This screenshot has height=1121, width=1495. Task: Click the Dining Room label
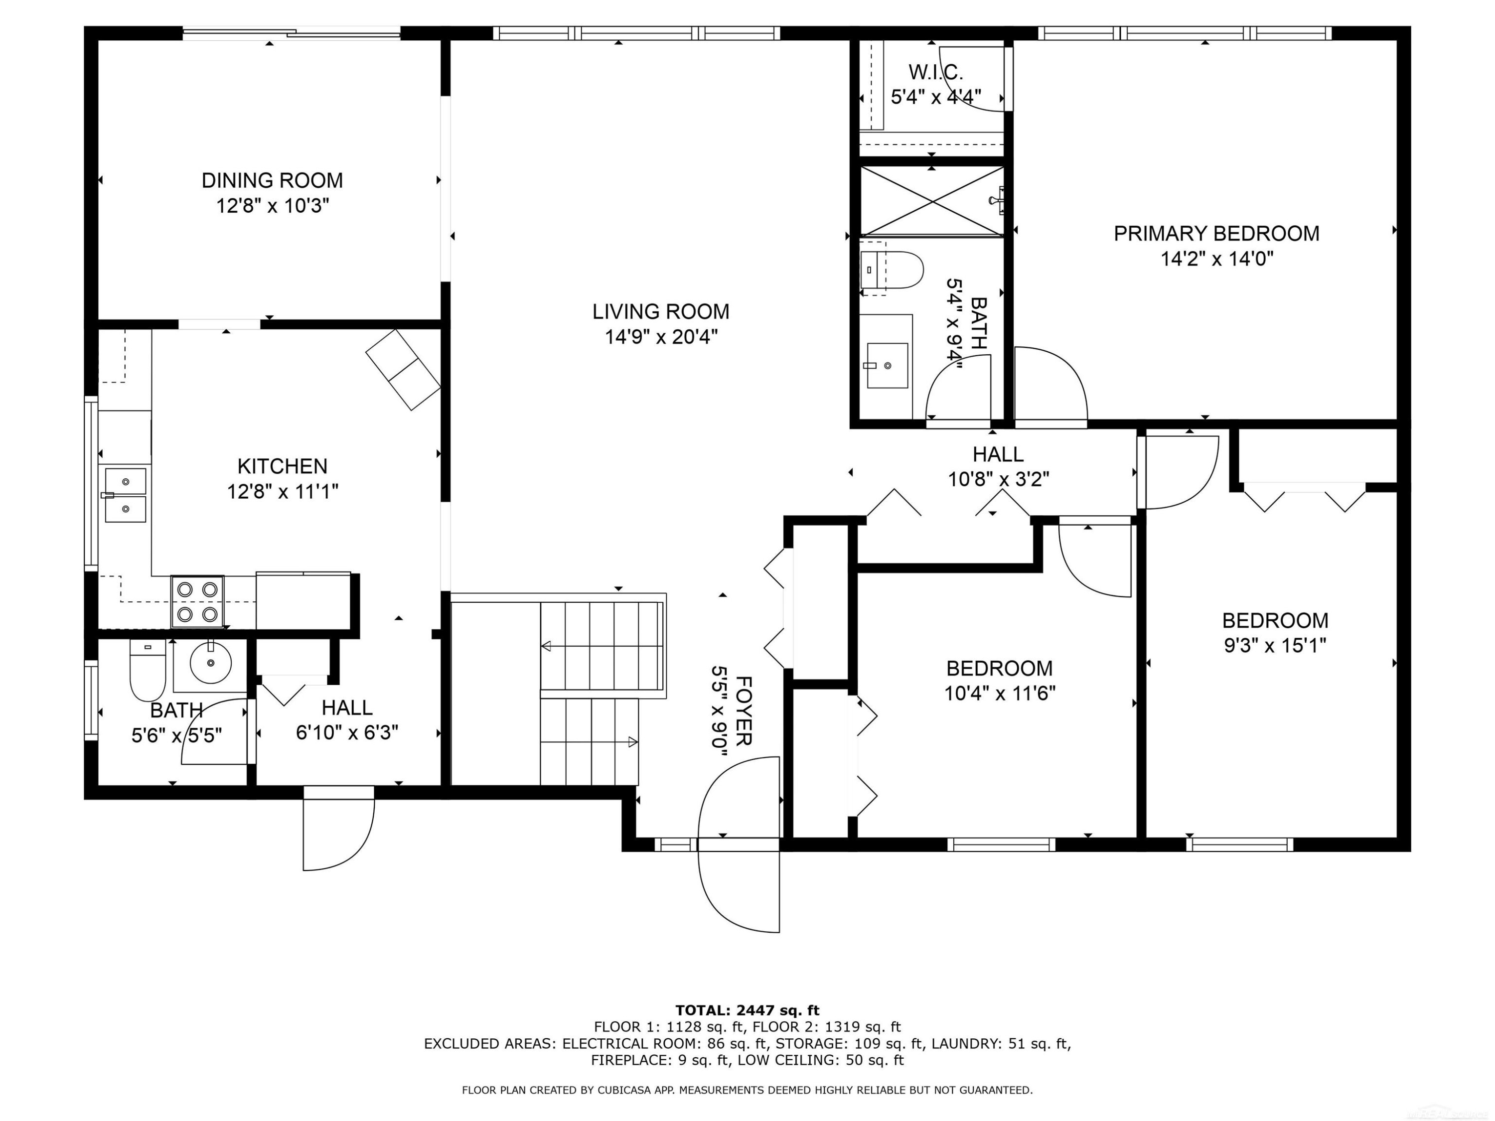coord(273,180)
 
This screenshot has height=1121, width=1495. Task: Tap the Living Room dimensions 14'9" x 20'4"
coord(661,336)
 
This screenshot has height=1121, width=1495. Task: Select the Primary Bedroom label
coord(1216,234)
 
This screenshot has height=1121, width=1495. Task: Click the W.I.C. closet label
coord(936,72)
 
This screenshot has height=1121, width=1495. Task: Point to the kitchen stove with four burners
coord(197,601)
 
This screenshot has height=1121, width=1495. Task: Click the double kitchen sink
coord(125,495)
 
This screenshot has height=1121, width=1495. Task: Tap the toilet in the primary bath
coord(892,270)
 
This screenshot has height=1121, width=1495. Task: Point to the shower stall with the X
coord(932,201)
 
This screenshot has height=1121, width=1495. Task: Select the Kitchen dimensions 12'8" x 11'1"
coord(283,491)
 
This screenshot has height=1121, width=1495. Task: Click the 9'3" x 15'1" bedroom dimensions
coord(1275,645)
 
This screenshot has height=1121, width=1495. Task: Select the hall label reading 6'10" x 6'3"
coord(347,732)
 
